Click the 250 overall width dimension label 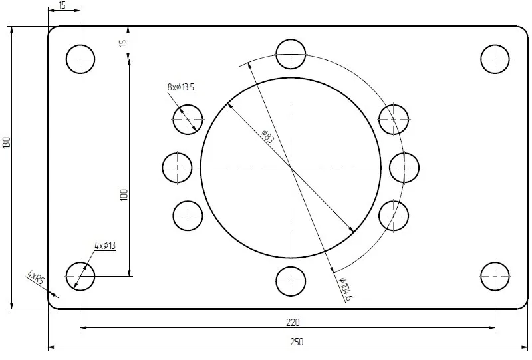(x=297, y=341)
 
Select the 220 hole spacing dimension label (x=293, y=322)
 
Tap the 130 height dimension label (x=7, y=142)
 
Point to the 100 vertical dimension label (x=124, y=194)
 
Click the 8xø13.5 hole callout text (x=181, y=87)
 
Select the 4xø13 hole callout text (x=105, y=245)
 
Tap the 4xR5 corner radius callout (x=36, y=277)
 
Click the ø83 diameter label (x=267, y=136)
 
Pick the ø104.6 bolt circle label (x=346, y=289)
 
